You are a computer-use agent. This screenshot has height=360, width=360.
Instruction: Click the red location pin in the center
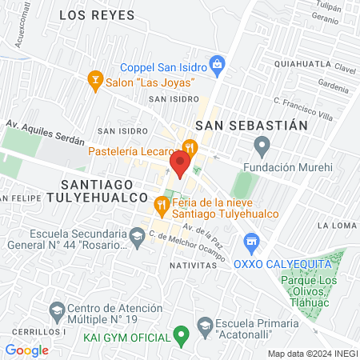180,164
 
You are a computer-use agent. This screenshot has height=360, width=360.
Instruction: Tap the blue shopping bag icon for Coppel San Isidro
216,63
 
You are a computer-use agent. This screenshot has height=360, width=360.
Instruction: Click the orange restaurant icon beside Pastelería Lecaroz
190,146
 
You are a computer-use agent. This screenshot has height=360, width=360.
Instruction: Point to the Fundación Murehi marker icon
261,146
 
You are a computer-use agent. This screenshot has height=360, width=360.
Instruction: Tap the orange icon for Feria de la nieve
162,205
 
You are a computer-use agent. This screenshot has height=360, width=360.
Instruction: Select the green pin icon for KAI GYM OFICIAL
182,334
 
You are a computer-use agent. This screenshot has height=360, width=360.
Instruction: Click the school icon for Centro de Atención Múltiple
56,310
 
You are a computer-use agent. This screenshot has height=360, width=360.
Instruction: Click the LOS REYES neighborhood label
94,15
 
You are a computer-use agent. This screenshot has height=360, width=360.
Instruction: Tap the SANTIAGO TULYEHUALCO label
87,189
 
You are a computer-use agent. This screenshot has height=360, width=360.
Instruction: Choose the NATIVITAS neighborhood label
193,263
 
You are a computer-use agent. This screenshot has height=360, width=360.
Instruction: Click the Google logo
26,350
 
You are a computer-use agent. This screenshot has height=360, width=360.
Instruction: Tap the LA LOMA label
335,226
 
